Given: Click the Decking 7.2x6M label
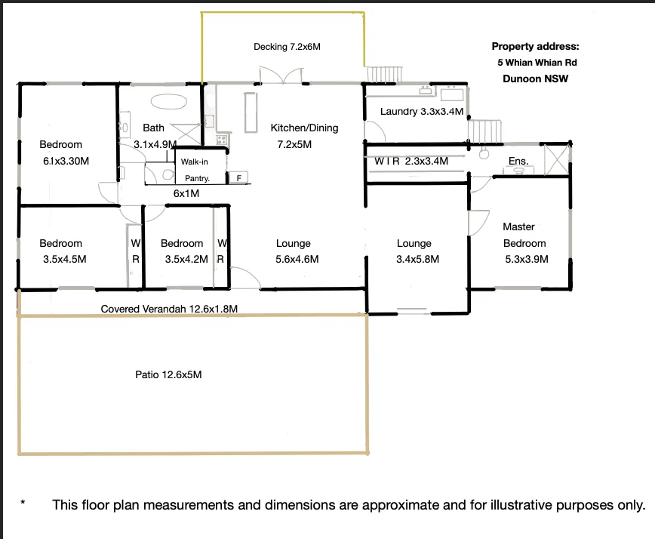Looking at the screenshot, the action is tap(287, 47).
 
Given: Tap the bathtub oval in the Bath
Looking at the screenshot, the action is tap(169, 101).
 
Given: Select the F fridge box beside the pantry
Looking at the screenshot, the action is tap(239, 177).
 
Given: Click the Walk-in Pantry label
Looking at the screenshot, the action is tap(195, 170).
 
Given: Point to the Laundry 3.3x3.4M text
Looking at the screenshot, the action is tap(422, 112).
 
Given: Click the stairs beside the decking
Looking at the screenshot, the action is tap(385, 75).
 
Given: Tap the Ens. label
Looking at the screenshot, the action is tap(518, 161).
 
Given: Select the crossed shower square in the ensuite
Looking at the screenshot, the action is tap(557, 159).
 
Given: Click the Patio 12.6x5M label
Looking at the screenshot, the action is tap(168, 374).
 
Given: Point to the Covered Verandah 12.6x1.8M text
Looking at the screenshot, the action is tap(169, 309).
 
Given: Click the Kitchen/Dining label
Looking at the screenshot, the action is tap(304, 128).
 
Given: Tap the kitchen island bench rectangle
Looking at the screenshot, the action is tap(251, 112).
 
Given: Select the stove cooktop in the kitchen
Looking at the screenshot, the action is tap(222, 139).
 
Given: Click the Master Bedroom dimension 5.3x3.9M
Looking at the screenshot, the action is tap(527, 259).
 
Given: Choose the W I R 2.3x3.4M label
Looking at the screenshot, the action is tap(411, 161).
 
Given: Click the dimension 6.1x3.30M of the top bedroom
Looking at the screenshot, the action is tap(66, 161).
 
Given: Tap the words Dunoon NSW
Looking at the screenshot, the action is tap(535, 79).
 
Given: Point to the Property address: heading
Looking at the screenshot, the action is tap(535, 46).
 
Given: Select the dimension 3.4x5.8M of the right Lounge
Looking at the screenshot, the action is tap(417, 259).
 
